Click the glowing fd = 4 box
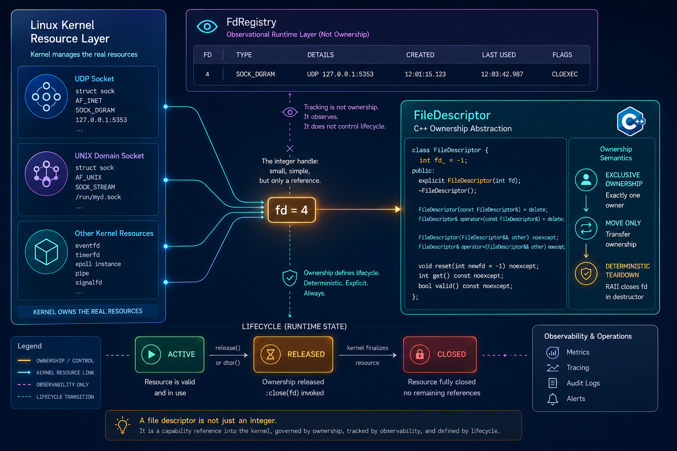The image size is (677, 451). tap(292, 210)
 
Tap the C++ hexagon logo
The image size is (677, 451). tap(631, 122)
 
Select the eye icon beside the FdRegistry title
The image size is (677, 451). tap(207, 26)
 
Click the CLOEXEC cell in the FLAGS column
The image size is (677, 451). tap(565, 74)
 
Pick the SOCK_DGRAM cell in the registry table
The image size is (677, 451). tap(255, 74)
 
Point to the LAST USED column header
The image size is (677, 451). tap(498, 55)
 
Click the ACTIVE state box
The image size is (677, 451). tap(170, 355)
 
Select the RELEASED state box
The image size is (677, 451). tap(293, 355)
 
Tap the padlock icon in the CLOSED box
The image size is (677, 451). tap(420, 354)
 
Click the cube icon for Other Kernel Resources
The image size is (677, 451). tap(46, 251)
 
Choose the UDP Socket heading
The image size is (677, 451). tap(94, 79)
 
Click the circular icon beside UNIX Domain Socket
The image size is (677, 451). tap(46, 174)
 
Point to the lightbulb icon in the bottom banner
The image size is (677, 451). tap(123, 425)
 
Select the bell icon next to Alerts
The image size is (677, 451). tap(552, 399)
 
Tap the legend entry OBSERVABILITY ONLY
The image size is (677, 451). tap(63, 384)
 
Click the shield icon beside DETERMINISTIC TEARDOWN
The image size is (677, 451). tap(586, 274)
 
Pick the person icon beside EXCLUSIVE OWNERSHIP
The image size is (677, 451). tap(586, 180)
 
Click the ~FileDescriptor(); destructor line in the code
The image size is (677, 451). tap(447, 191)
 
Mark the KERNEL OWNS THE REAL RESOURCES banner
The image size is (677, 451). tap(88, 311)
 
